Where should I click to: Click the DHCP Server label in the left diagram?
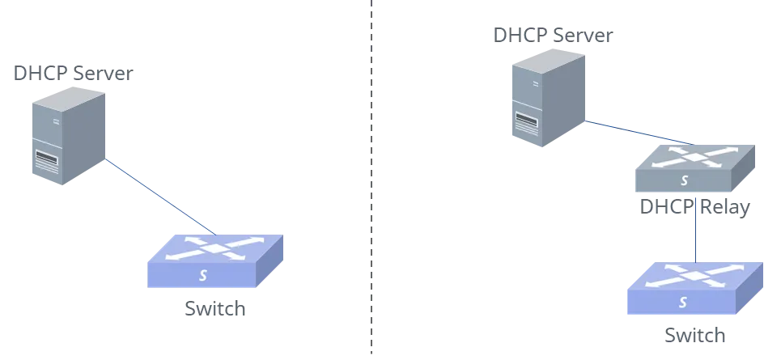point(73,73)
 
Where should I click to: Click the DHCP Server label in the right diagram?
point(553,36)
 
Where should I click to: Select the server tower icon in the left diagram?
point(69,136)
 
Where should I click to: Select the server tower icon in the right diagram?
point(548,97)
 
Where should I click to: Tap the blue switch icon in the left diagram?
point(215,261)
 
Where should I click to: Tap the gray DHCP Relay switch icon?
point(695,168)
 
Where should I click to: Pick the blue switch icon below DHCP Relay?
point(695,288)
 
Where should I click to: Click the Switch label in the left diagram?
point(215,309)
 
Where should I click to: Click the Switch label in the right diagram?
point(695,336)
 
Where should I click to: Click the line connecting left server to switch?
point(160,197)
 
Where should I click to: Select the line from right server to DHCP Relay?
point(639,133)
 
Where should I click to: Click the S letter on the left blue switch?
point(203,275)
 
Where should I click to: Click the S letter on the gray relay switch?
point(685,180)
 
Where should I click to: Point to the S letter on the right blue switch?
point(683,303)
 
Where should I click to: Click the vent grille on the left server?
point(47,161)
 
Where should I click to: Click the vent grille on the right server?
point(526,123)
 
